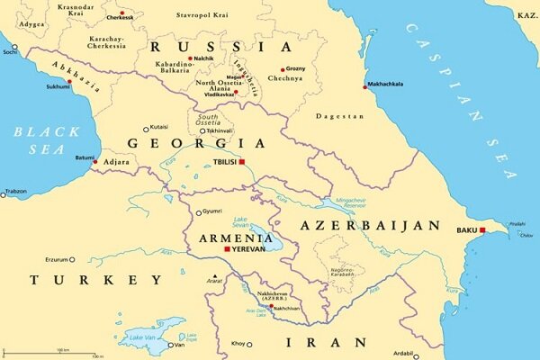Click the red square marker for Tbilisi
241,163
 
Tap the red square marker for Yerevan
227,248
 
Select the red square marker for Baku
482,231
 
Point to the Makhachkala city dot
365,86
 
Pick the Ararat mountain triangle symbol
214,275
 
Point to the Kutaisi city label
158,128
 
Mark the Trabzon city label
15,192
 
